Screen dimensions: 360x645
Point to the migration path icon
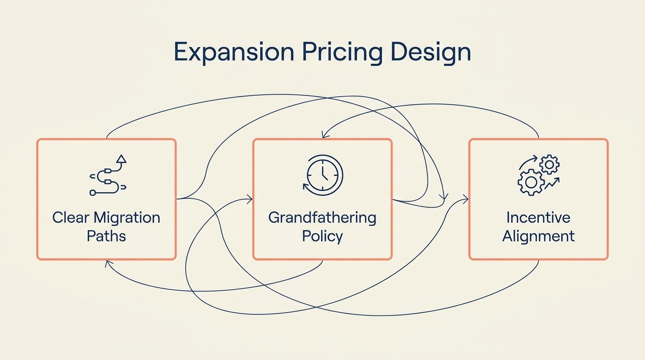point(108,175)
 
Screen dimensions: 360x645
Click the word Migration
point(127,217)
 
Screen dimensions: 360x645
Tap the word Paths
point(106,235)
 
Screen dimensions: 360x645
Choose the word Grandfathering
point(322,217)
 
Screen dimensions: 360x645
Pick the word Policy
point(322,235)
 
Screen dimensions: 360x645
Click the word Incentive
point(538,217)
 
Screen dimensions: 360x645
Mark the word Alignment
point(538,235)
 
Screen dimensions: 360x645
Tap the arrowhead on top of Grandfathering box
point(322,135)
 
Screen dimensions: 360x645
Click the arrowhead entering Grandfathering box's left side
point(249,200)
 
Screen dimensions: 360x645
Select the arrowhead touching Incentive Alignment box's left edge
point(465,199)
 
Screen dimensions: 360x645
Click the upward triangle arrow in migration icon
point(121,159)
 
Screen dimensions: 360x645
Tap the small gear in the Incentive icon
point(549,164)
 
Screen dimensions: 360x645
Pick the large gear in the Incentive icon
point(531,182)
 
